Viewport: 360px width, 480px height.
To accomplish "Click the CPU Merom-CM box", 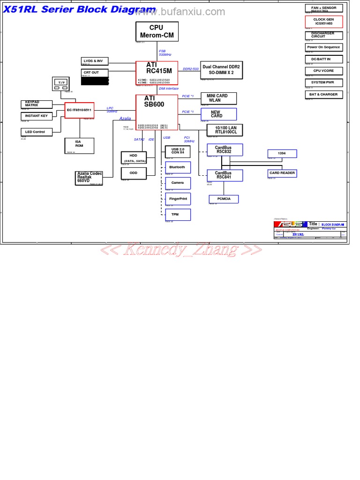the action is click(157, 31).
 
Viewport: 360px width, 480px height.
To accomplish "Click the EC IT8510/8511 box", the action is click(79, 110).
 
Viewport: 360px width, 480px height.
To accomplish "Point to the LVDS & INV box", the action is click(95, 61).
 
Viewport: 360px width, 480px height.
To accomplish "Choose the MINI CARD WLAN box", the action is click(218, 98).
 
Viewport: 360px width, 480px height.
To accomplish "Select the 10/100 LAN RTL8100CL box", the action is click(226, 130).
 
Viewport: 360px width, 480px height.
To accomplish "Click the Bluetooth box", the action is click(178, 167).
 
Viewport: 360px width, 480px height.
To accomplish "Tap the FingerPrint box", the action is click(178, 199).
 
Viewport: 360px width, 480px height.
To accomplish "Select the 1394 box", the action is click(282, 153).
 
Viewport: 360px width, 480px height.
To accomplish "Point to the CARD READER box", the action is click(282, 173).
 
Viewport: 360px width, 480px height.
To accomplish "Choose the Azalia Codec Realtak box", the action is click(89, 178).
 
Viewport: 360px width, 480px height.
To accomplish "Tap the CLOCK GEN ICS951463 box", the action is click(324, 22).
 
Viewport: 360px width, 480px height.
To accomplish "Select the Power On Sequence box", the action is click(324, 47).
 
